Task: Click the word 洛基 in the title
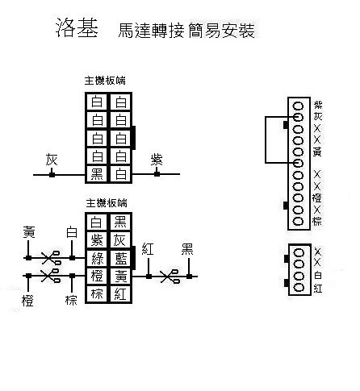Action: [x=77, y=27]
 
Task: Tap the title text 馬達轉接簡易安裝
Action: [x=186, y=31]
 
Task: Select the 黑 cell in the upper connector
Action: [x=97, y=174]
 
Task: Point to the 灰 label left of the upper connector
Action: [x=52, y=160]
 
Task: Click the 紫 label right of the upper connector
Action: [x=157, y=160]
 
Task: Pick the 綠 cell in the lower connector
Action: [x=97, y=258]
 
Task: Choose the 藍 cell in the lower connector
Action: [x=120, y=258]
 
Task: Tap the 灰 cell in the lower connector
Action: [x=120, y=240]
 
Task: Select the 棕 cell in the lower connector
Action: [x=97, y=293]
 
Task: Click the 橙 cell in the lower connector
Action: [x=97, y=276]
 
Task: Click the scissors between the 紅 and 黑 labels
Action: [x=170, y=277]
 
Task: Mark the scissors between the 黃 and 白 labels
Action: [x=51, y=258]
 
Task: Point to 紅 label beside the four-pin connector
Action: [x=318, y=289]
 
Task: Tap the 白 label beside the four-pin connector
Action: [x=318, y=276]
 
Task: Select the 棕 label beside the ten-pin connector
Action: [x=317, y=221]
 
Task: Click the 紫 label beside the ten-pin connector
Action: [x=318, y=105]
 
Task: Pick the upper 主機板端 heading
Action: [x=105, y=81]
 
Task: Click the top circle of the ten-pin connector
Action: [x=298, y=106]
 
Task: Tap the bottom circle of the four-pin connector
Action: [x=299, y=288]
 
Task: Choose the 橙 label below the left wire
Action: [x=27, y=300]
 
